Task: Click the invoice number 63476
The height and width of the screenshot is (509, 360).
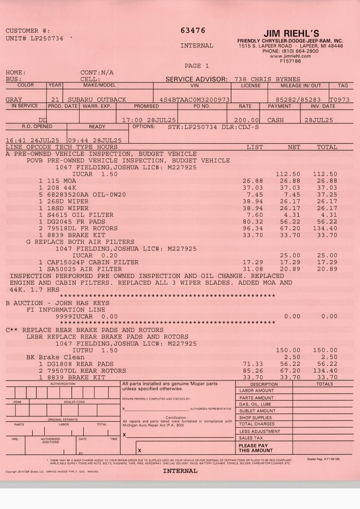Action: pyautogui.click(x=193, y=30)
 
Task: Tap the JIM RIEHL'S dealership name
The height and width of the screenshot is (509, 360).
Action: pyautogui.click(x=291, y=33)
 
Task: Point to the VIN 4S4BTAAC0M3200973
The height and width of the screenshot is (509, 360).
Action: pyautogui.click(x=194, y=99)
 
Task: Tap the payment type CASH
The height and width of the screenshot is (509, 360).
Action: pyautogui.click(x=275, y=120)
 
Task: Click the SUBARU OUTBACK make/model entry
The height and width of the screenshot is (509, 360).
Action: pyautogui.click(x=97, y=99)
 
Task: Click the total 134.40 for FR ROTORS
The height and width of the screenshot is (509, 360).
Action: pyautogui.click(x=327, y=228)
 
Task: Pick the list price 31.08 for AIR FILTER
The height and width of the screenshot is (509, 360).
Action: pyautogui.click(x=253, y=269)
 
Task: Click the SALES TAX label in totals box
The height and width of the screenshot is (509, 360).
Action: pyautogui.click(x=251, y=438)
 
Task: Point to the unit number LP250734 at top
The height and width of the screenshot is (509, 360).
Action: pyautogui.click(x=47, y=38)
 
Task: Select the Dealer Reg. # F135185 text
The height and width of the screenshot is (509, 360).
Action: pyautogui.click(x=323, y=459)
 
